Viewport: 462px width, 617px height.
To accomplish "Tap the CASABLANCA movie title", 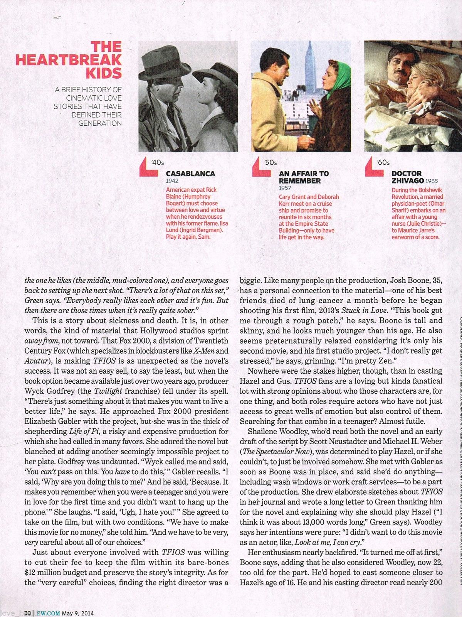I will [190, 174].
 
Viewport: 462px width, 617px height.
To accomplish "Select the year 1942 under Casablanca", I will [172, 181].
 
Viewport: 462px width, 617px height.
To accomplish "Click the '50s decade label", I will [270, 163].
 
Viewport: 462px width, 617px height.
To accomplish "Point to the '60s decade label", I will [383, 163].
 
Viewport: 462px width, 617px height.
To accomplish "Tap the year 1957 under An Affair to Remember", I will [285, 188].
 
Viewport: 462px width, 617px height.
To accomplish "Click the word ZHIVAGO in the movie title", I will [408, 180].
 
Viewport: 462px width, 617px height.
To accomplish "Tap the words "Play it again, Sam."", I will [188, 237].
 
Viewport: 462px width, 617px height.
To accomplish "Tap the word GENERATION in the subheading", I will [100, 123].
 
